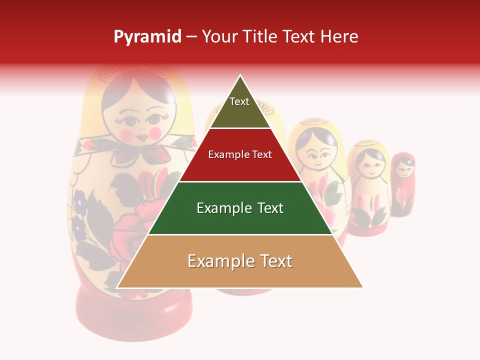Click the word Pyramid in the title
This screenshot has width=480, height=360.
tap(147, 37)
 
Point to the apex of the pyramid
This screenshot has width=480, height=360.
tap(240, 76)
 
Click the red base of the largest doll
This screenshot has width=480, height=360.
tap(133, 312)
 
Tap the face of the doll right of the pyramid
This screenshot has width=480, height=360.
tap(318, 152)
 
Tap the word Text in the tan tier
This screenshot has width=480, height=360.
tap(274, 261)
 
